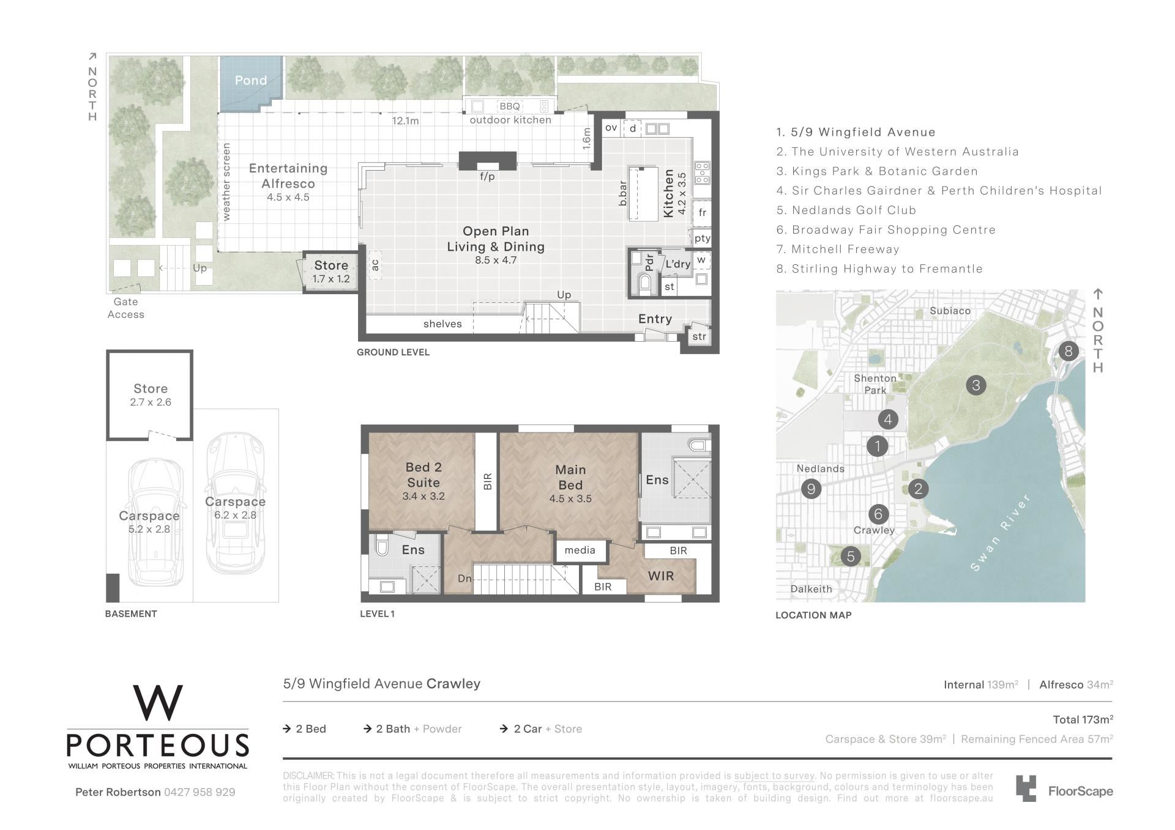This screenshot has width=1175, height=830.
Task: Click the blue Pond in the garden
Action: [251, 83]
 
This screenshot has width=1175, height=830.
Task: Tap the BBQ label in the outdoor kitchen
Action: [509, 106]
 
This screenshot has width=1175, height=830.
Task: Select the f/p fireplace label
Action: [487, 177]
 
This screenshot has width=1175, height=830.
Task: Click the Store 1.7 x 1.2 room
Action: [331, 272]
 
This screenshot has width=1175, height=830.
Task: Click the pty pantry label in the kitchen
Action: [702, 239]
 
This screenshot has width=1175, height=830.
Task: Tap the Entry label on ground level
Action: [655, 319]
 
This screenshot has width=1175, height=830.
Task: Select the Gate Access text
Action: [126, 308]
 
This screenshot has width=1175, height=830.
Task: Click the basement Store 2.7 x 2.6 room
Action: [150, 395]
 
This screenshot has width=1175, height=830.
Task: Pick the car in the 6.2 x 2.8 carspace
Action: [235, 503]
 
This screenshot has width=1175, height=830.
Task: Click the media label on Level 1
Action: [580, 550]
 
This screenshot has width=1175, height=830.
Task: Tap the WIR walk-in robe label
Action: [661, 576]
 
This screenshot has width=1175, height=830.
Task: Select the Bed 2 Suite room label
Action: [423, 475]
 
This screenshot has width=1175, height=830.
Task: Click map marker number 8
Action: [1069, 351]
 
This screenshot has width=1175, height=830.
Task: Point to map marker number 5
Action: [850, 557]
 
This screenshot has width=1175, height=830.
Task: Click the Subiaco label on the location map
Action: [950, 311]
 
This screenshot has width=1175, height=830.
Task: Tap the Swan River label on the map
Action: [1001, 533]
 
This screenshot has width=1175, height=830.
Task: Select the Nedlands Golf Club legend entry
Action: [846, 210]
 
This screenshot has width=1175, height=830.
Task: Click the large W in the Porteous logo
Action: [158, 703]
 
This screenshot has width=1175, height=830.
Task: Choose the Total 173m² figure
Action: [1083, 719]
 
